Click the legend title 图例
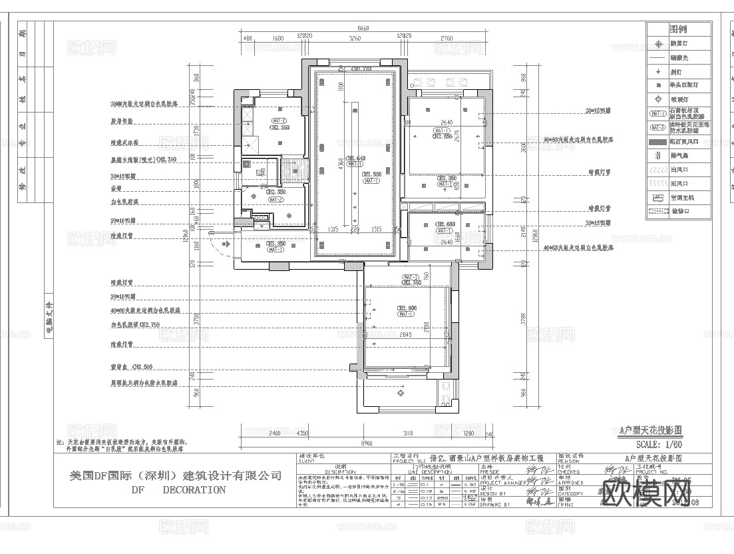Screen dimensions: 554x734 pyautogui.click(x=679, y=29)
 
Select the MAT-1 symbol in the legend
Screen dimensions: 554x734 pyautogui.click(x=658, y=113)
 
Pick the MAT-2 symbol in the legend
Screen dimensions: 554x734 pyautogui.click(x=658, y=127)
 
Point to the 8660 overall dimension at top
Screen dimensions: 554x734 pyautogui.click(x=363, y=29)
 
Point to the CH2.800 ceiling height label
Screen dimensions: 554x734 pyautogui.click(x=407, y=308)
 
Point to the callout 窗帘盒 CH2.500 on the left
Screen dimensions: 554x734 pyautogui.click(x=131, y=367)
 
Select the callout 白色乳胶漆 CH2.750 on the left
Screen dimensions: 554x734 pyautogui.click(x=135, y=325)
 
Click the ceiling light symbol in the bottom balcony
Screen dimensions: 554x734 pyautogui.click(x=401, y=393)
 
